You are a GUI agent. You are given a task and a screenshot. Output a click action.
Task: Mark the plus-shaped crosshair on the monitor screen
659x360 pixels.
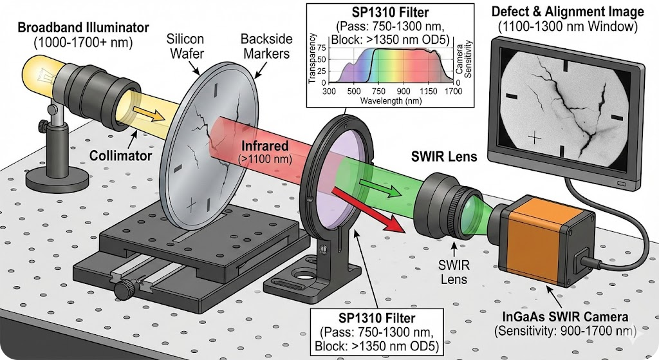tap(534, 137)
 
